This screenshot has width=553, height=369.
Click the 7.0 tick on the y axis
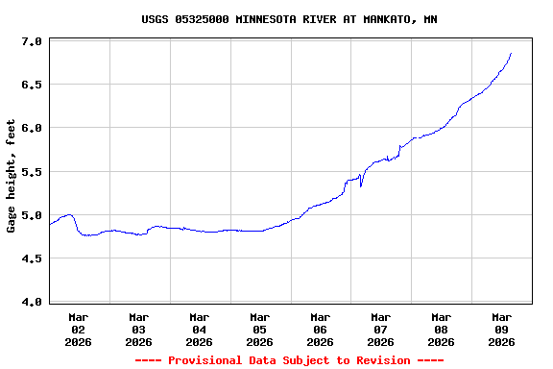click(32, 41)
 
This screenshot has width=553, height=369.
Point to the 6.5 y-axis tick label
click(32, 85)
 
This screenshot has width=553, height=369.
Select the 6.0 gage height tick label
click(32, 128)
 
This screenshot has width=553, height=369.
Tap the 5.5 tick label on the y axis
click(32, 172)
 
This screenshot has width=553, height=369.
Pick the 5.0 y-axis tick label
click(32, 215)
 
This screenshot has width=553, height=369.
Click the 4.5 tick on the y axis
click(32, 258)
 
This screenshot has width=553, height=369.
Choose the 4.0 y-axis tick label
click(32, 302)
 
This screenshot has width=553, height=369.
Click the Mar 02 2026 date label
click(79, 329)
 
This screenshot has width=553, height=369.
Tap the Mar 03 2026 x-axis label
click(139, 329)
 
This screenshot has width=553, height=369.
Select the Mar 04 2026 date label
click(200, 329)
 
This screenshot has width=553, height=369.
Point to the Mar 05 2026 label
click(260, 329)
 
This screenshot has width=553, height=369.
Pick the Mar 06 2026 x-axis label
click(321, 329)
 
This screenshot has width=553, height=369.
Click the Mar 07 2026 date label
click(381, 329)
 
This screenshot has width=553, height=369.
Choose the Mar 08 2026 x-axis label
click(442, 329)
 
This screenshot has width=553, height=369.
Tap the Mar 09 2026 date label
click(502, 329)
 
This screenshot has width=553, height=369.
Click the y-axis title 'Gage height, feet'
click(12, 176)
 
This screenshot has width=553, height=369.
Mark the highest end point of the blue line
click(511, 54)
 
